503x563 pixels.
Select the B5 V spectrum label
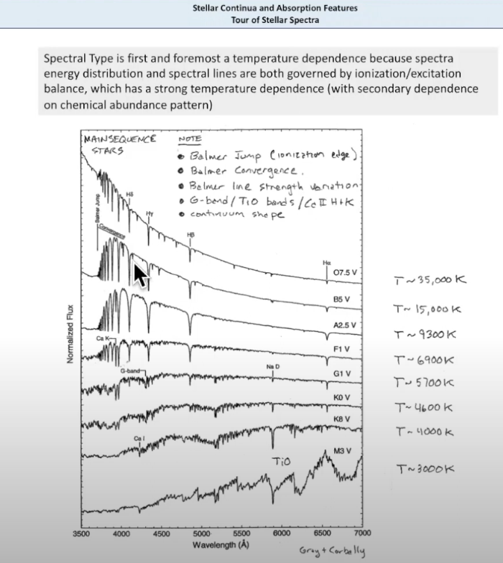point(341,299)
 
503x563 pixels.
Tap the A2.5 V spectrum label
point(344,325)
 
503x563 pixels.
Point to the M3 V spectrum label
point(343,451)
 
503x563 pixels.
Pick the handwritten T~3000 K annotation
point(425,469)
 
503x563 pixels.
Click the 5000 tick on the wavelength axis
point(201,534)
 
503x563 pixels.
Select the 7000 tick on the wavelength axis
point(361,534)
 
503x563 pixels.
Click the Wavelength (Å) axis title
point(221,544)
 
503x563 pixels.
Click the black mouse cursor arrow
point(141,276)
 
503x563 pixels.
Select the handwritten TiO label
point(281,460)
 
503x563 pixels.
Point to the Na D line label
point(272,367)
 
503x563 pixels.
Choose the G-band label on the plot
point(131,370)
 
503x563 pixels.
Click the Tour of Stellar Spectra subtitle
point(275,20)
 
